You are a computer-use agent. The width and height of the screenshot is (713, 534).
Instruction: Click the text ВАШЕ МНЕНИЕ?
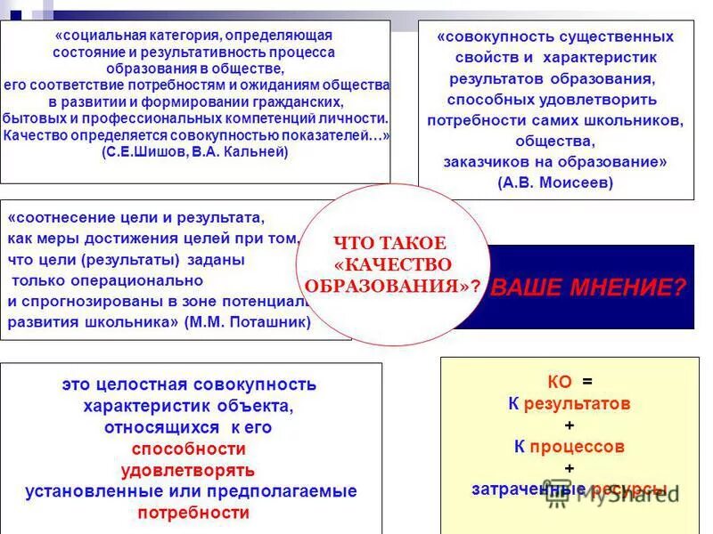pos(589,287)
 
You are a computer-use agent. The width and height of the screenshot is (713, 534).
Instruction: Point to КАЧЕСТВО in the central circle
pos(394,265)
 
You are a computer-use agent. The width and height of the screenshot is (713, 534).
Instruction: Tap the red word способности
pos(188,449)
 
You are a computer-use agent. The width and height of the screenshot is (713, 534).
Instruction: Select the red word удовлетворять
pos(188,470)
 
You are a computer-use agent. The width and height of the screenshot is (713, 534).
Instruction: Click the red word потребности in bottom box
pos(193,513)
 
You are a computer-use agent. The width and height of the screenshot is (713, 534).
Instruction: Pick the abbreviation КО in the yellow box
pos(560,382)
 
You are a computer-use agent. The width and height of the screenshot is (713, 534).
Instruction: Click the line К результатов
pos(570,403)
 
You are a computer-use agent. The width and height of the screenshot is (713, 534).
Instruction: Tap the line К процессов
pos(570,446)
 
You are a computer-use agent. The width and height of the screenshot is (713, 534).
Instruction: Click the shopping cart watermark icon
pos(559,494)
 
